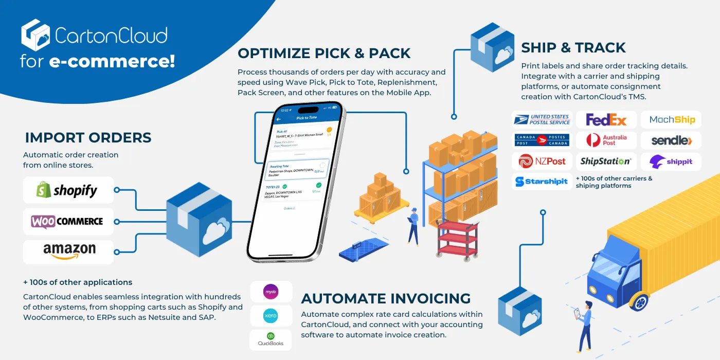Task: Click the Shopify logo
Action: (68, 191)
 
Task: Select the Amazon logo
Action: (69, 252)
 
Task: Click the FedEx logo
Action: (606, 120)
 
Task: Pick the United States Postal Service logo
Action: (542, 120)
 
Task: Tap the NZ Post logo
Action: (542, 161)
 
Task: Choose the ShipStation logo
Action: (606, 161)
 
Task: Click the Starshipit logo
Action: (542, 182)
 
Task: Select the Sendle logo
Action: (671, 140)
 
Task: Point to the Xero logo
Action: (271, 315)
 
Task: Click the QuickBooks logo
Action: (271, 339)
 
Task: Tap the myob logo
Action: (271, 291)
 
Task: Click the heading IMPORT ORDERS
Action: (88, 138)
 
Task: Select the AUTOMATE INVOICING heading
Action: (386, 298)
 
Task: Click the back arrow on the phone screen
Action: (278, 119)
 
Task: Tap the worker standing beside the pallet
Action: (412, 226)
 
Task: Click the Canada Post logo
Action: (542, 140)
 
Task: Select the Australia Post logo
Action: (606, 140)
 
